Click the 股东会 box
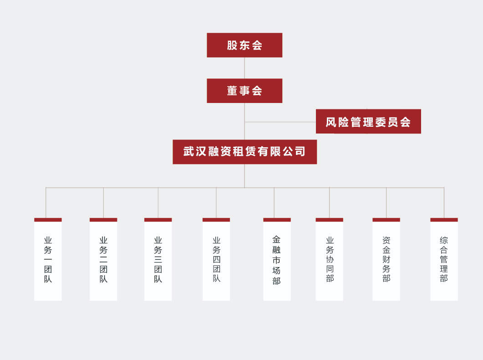(x=244, y=45)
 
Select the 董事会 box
(x=244, y=91)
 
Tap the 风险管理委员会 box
(x=368, y=122)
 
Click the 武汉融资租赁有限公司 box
(x=244, y=152)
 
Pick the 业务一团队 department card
(x=48, y=260)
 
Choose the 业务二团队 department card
(x=103, y=260)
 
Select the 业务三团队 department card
(x=158, y=260)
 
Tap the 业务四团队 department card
(x=216, y=260)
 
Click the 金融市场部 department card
(x=277, y=260)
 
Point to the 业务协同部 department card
(x=329, y=260)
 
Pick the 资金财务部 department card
(x=386, y=260)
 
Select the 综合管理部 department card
(x=444, y=260)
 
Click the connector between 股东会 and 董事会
(x=244, y=68)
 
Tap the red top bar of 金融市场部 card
(x=277, y=220)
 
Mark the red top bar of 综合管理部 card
(x=444, y=220)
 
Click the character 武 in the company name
(x=189, y=152)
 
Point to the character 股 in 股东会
(x=232, y=45)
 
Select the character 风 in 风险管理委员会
(x=331, y=122)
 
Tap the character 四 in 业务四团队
(x=216, y=259)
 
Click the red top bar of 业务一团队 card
(x=48, y=220)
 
